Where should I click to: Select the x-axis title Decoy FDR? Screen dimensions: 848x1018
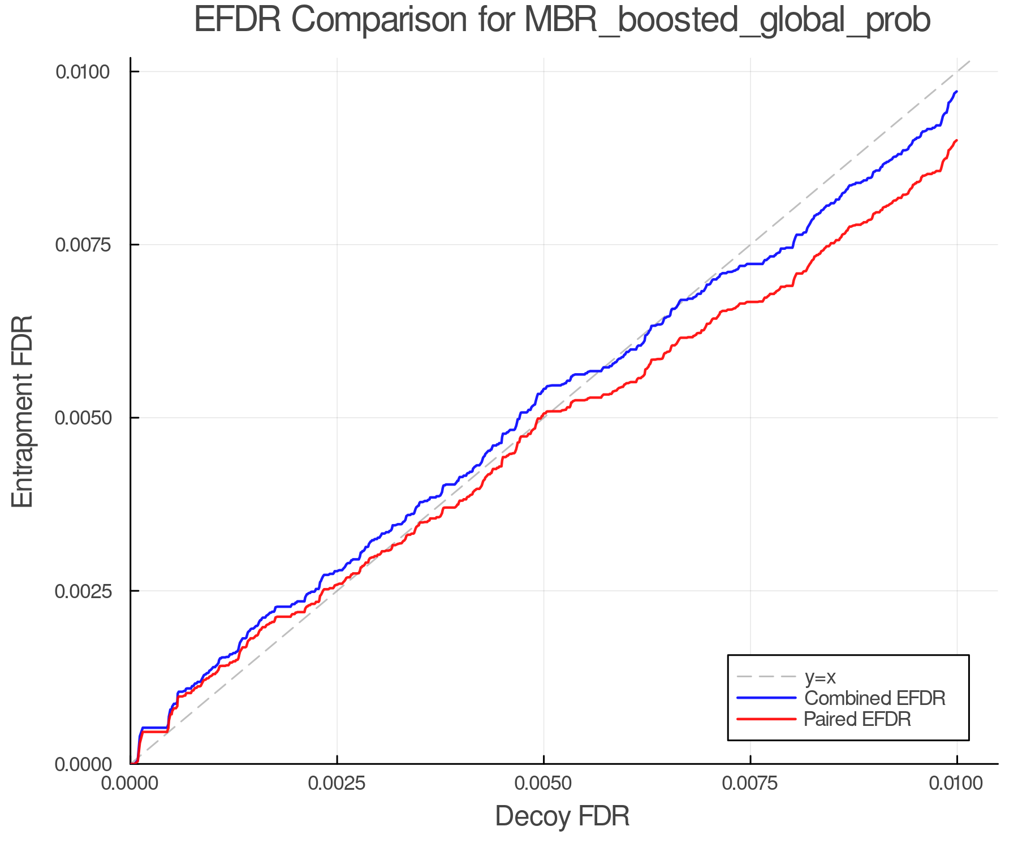[562, 816]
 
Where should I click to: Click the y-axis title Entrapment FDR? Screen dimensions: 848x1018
[23, 411]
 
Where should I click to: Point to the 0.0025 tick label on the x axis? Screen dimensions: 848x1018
[337, 784]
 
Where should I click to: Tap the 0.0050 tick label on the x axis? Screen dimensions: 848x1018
[543, 784]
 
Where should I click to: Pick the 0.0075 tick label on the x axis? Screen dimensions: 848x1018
[750, 784]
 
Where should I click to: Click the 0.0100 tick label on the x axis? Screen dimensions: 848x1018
[956, 784]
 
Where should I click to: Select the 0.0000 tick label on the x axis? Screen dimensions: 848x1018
[131, 784]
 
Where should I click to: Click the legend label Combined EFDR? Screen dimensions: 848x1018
[874, 698]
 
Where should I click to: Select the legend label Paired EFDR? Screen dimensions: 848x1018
[857, 719]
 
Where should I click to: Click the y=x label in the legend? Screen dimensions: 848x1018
[820, 677]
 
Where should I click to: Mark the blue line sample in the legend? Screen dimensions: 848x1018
[766, 698]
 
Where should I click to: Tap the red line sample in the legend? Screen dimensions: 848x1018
[766, 719]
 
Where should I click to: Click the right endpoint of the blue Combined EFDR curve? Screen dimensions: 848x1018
[956, 92]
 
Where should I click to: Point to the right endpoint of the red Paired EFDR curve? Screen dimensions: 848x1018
[956, 140]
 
